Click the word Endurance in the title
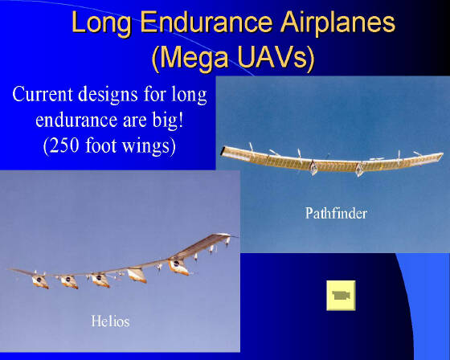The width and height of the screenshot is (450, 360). click(206, 22)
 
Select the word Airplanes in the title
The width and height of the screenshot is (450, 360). click(337, 23)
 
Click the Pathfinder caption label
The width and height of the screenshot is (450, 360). click(336, 213)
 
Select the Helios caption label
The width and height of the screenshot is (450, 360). click(110, 321)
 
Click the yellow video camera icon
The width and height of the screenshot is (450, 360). click(341, 296)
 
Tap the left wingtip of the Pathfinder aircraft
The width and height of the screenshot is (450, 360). click(222, 151)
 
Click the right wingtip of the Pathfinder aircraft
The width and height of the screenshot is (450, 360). click(442, 155)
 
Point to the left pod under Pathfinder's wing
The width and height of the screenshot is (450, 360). click(313, 167)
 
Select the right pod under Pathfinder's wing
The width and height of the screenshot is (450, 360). click(359, 169)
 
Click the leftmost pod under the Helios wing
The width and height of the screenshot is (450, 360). click(40, 281)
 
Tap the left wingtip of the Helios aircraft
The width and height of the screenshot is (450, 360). click(9, 269)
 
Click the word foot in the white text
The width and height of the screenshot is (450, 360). click(100, 145)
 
